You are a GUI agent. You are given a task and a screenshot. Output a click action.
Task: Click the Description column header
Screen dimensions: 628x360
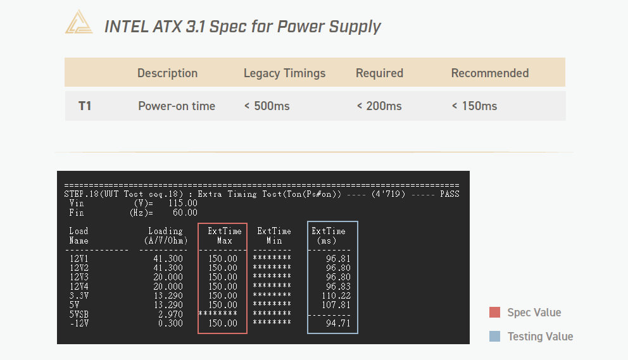point(167,73)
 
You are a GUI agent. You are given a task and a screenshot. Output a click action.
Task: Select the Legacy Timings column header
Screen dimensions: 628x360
point(284,73)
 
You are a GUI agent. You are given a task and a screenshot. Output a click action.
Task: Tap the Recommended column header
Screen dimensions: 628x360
point(490,73)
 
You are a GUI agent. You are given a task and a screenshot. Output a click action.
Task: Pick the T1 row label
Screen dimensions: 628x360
point(85,106)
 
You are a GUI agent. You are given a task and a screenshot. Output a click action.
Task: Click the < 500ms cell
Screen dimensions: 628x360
point(267,106)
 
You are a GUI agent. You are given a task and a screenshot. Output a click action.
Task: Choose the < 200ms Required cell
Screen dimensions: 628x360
point(379,106)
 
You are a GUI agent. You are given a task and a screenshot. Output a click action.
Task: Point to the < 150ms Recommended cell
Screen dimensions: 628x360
point(474,106)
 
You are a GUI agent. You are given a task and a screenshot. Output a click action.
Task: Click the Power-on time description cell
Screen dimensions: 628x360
point(177,106)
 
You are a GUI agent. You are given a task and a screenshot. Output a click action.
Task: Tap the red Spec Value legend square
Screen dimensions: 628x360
point(494,313)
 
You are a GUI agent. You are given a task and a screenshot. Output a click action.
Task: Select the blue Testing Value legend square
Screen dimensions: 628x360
point(494,337)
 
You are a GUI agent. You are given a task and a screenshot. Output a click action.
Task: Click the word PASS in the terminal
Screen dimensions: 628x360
point(449,194)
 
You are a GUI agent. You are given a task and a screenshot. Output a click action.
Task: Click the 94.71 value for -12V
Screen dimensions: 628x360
point(338,323)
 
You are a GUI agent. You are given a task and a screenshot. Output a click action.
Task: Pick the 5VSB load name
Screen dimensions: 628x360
point(79,314)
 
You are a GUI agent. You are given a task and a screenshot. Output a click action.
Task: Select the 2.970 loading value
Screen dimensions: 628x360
point(170,314)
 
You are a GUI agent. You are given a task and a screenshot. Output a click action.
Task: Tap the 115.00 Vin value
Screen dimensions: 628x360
point(182,204)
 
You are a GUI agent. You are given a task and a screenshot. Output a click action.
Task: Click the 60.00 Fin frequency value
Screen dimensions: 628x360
point(185,213)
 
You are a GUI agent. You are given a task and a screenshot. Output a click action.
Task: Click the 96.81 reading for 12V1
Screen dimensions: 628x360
point(338,259)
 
